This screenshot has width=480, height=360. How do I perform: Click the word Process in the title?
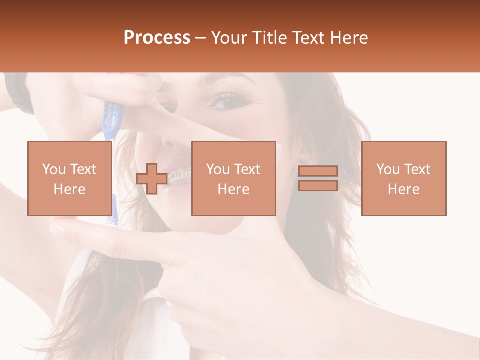tap(157, 38)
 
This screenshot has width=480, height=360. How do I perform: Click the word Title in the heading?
tap(269, 38)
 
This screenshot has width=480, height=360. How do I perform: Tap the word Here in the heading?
tap(348, 38)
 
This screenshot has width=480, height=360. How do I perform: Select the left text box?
tap(69, 178)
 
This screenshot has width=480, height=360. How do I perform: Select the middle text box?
tap(233, 178)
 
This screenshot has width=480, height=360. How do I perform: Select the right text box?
tap(403, 178)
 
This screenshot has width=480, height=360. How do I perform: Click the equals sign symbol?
tap(318, 178)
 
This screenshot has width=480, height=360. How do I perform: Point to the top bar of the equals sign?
tap(318, 171)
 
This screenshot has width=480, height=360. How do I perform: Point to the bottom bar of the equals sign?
tap(318, 185)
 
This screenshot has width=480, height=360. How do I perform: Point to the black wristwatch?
tap(17, 92)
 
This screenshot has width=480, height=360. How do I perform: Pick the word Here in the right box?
tap(403, 189)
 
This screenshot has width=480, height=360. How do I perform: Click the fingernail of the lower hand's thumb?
tap(59, 230)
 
